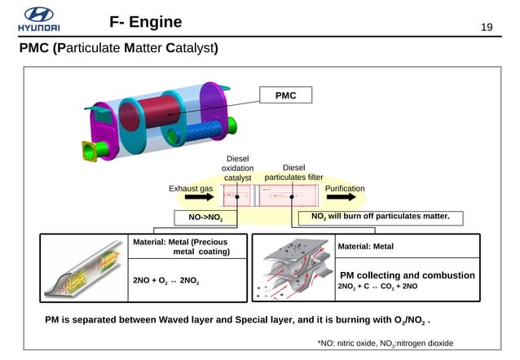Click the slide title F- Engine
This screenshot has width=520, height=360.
coord(146,21)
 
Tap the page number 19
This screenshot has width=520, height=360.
coord(487,29)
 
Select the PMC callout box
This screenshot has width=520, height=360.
coord(284,96)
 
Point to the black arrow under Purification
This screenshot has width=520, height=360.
coord(345,197)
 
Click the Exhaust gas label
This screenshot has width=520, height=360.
coord(190,188)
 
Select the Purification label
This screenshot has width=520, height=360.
coord(345,188)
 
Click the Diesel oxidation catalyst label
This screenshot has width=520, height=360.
coord(237,168)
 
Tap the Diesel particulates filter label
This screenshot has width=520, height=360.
coord(293,173)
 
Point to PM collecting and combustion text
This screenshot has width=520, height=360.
coord(407,275)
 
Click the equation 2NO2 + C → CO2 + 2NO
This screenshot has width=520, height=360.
coord(377,287)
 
